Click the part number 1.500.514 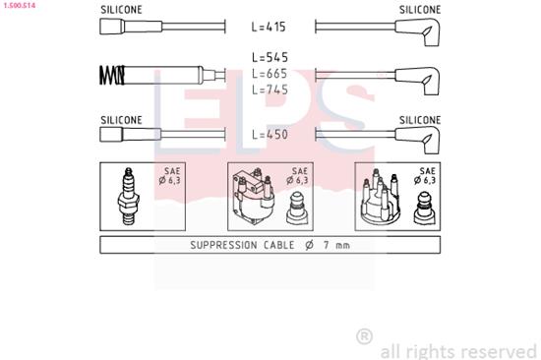click(x=21, y=6)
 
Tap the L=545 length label click(x=270, y=58)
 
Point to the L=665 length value click(x=270, y=74)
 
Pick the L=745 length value click(x=270, y=90)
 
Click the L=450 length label click(x=270, y=134)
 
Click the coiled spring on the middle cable click(x=112, y=75)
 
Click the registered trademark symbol click(x=364, y=337)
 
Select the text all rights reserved click(x=458, y=349)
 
